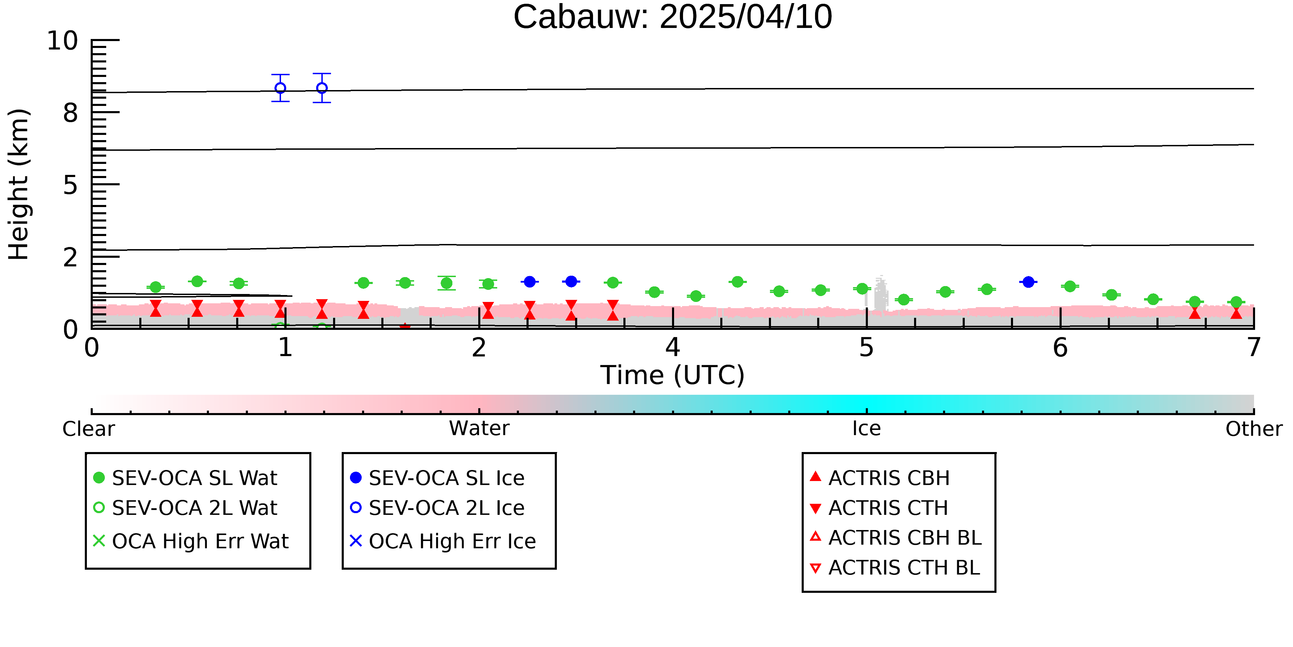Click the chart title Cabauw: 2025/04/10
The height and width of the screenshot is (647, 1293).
pyautogui.click(x=673, y=17)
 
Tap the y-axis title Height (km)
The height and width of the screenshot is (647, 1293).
pyautogui.click(x=19, y=184)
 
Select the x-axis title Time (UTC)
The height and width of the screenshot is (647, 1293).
pyautogui.click(x=673, y=375)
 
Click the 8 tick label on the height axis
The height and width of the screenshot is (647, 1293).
pyautogui.click(x=71, y=113)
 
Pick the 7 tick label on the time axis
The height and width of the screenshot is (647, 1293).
pyautogui.click(x=1254, y=347)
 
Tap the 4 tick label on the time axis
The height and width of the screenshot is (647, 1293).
pyautogui.click(x=673, y=347)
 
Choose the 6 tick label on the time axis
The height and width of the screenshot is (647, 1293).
pyautogui.click(x=1060, y=347)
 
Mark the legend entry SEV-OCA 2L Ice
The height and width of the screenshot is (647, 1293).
pyautogui.click(x=438, y=508)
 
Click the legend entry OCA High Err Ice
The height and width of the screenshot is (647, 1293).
pyautogui.click(x=443, y=541)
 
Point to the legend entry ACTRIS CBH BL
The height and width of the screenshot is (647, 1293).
pyautogui.click(x=896, y=538)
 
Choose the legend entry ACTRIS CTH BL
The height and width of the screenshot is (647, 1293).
pyautogui.click(x=895, y=568)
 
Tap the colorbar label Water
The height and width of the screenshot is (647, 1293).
pyautogui.click(x=479, y=429)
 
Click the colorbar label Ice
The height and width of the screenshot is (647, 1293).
pyautogui.click(x=866, y=429)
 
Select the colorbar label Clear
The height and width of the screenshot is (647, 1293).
pyautogui.click(x=88, y=429)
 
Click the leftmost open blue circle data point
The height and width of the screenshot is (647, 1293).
pyautogui.click(x=281, y=88)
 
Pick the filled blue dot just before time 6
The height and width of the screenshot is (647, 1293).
pyautogui.click(x=1029, y=282)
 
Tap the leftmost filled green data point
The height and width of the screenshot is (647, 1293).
pyautogui.click(x=156, y=287)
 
